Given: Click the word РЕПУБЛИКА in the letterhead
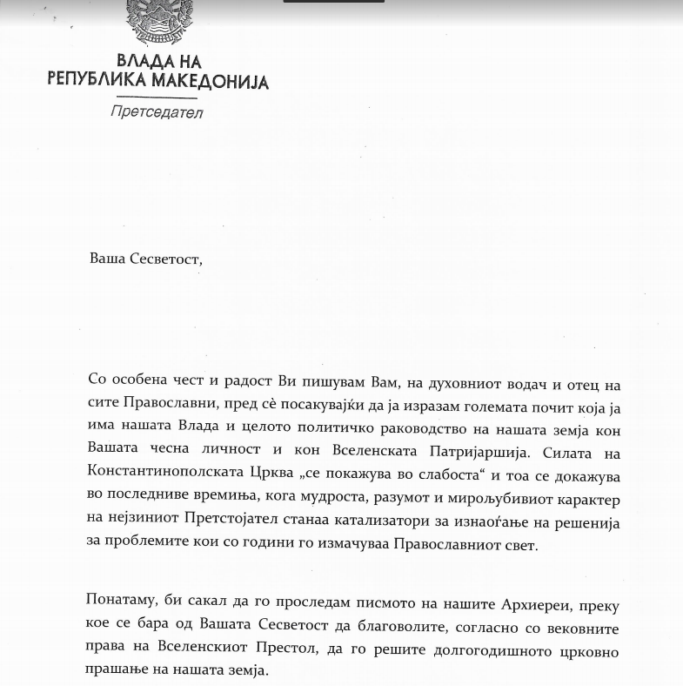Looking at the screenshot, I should click(x=95, y=82).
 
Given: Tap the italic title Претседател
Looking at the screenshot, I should click(x=157, y=111).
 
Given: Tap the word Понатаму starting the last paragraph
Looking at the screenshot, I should click(x=124, y=602).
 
